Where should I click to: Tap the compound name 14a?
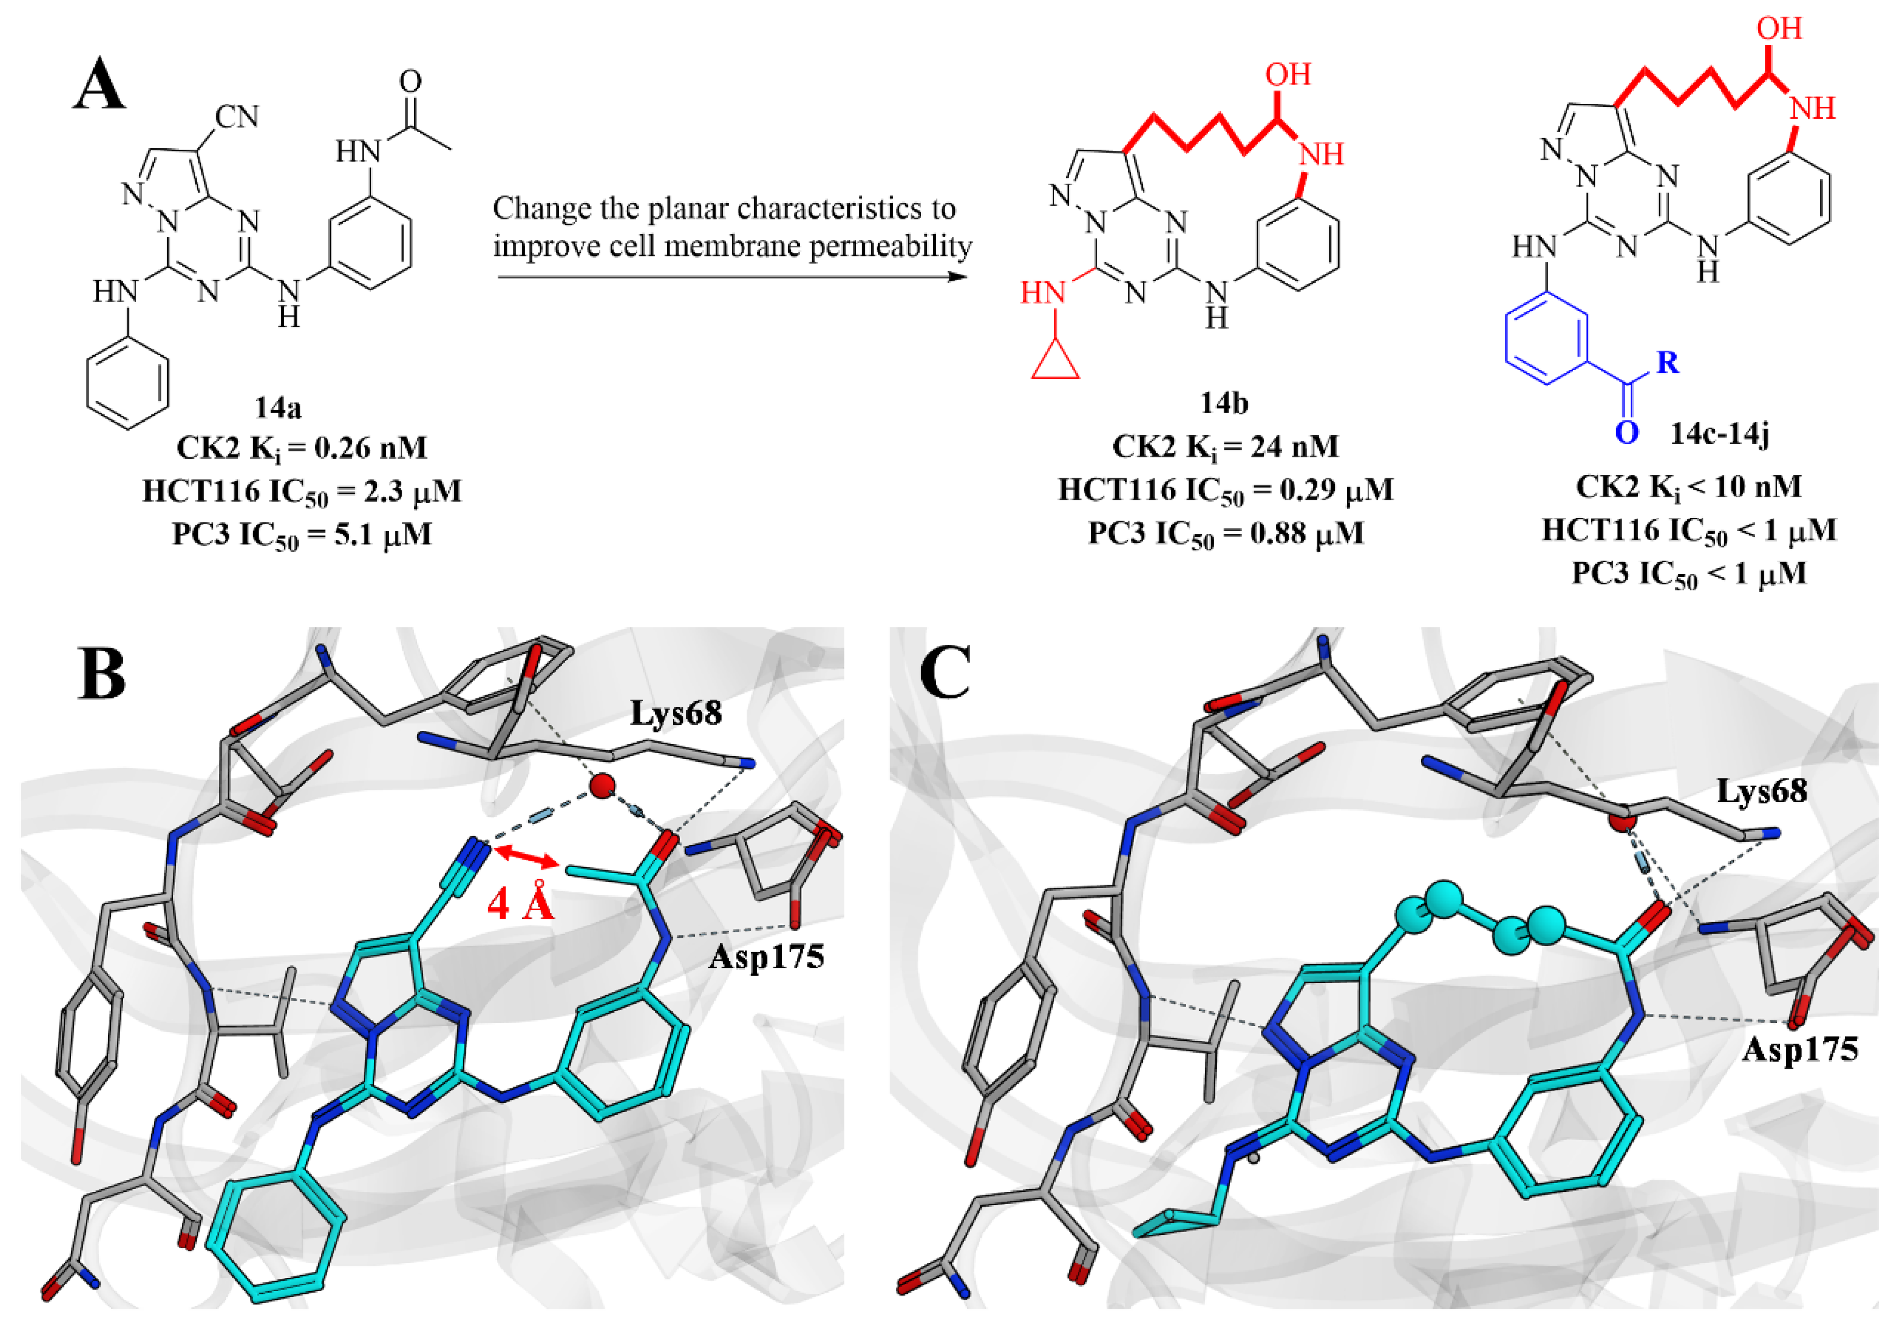point(278,407)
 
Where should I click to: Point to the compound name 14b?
point(1225,403)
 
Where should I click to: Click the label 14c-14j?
point(1719,432)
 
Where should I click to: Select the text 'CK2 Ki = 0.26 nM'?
point(302,448)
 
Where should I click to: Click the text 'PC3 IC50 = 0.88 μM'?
point(1225,533)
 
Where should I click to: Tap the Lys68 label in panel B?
point(676,712)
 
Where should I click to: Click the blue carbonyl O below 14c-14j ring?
point(1626,432)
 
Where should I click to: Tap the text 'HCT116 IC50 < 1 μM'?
point(1689,530)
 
